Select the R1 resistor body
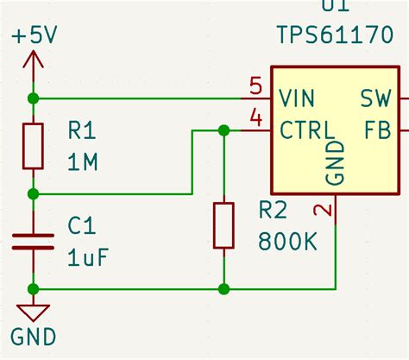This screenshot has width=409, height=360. [x=33, y=146]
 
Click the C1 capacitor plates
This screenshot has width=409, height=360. [x=33, y=241]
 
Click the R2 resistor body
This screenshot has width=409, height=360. [x=223, y=226]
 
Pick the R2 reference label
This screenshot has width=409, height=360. [x=276, y=211]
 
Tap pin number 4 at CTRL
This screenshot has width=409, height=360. [x=255, y=117]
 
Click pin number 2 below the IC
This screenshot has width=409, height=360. [x=321, y=210]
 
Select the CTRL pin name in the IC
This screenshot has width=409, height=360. [x=307, y=130]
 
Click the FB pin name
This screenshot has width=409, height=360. [x=378, y=130]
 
